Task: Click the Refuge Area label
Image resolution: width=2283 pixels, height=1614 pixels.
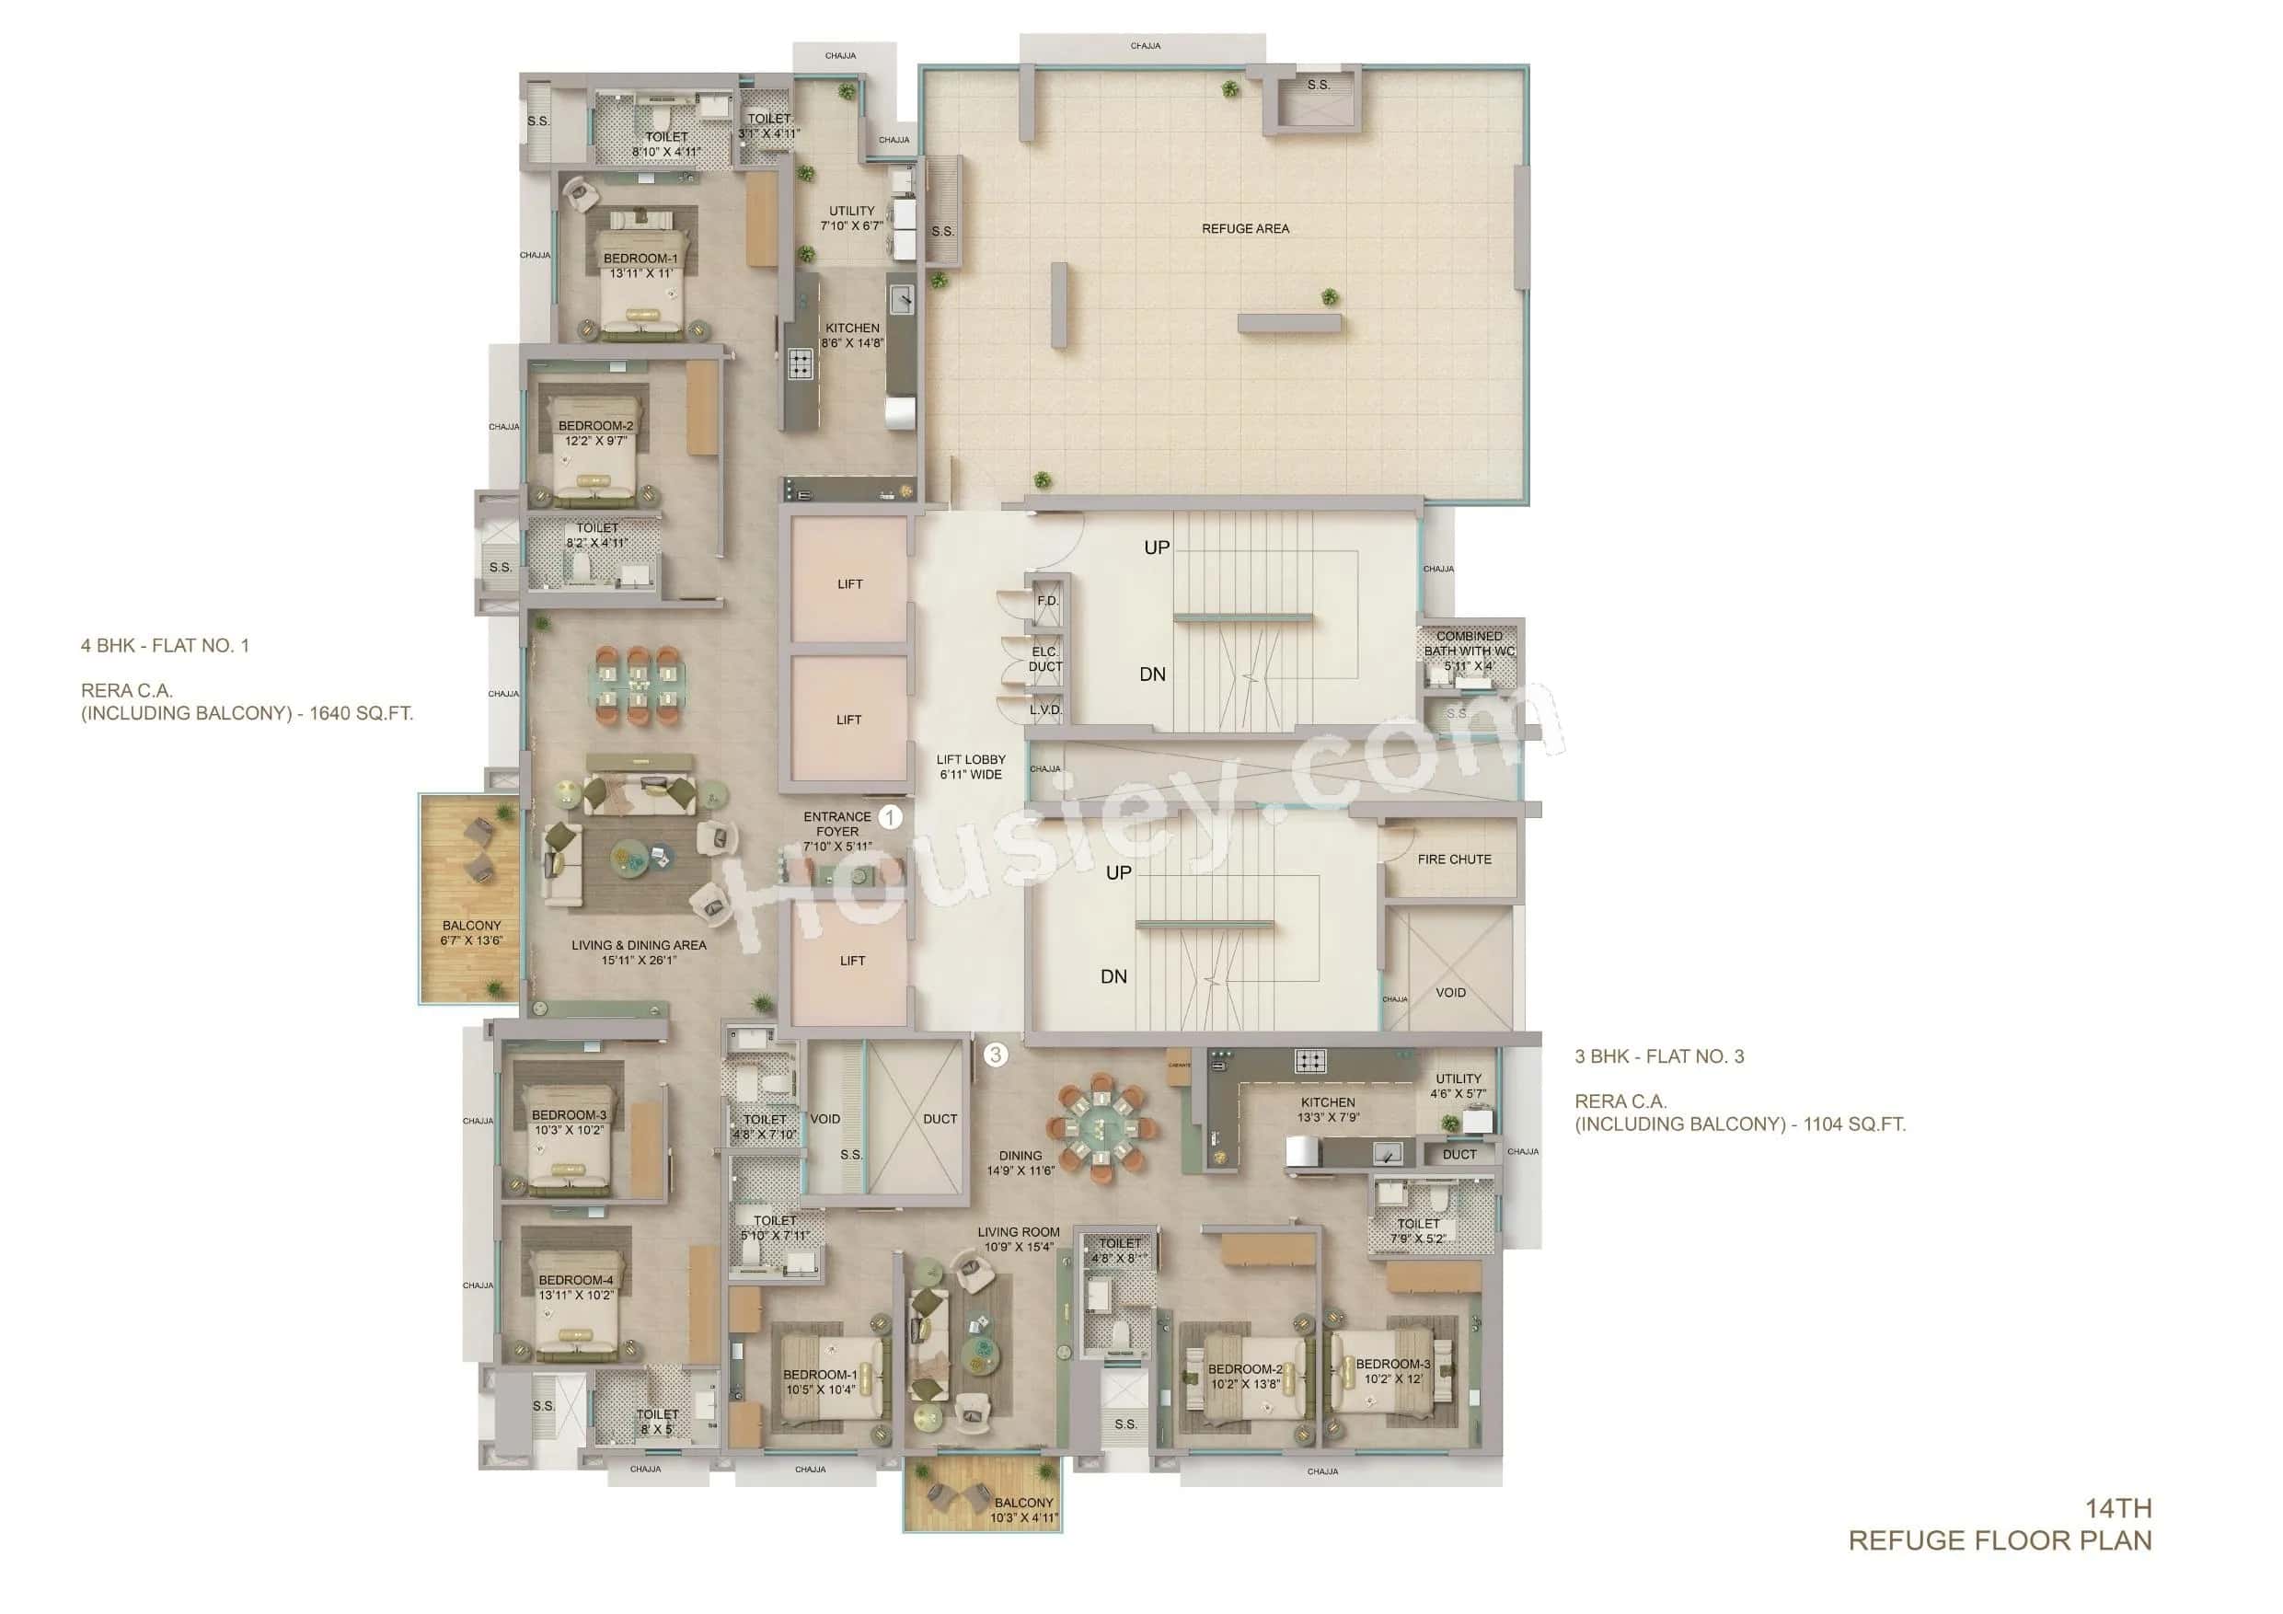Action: (1245, 229)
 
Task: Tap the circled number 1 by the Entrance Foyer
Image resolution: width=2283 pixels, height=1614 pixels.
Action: (890, 817)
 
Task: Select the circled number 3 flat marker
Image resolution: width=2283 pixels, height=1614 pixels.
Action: (996, 1055)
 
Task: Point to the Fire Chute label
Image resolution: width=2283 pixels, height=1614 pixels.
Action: (1454, 859)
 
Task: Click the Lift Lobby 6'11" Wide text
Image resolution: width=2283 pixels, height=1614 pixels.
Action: (971, 767)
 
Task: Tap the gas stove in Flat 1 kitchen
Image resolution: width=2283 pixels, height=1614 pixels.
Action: (801, 364)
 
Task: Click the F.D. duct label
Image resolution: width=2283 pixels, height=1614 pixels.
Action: (1048, 601)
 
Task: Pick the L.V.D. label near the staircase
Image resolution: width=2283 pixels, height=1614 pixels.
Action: (1045, 710)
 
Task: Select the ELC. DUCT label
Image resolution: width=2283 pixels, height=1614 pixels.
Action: (1045, 660)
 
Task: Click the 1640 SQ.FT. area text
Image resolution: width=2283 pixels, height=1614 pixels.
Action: (361, 713)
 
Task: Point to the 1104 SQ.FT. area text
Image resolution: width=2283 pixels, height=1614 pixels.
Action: (1853, 1124)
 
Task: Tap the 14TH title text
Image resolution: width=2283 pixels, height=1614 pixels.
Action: (2118, 1508)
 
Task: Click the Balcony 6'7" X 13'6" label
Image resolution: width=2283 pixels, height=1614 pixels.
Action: (471, 933)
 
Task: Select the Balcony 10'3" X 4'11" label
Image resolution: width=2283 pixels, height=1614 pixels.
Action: (1023, 1510)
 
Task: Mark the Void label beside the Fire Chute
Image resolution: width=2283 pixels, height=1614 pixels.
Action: (1449, 993)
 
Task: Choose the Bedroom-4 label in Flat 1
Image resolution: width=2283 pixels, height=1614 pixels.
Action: (576, 1286)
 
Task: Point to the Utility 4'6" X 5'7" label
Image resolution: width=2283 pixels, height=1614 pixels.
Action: (1458, 1086)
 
